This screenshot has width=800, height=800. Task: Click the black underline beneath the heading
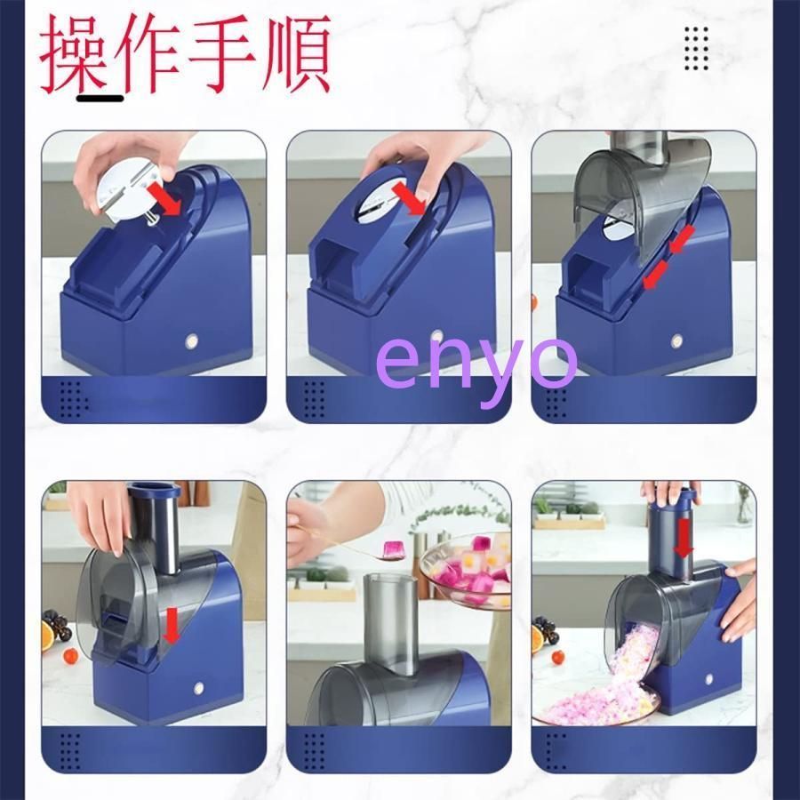point(100,97)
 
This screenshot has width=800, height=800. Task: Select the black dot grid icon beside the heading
point(696,49)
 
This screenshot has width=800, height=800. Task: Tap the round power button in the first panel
point(192,341)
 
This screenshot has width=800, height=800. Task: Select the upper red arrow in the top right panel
point(682,239)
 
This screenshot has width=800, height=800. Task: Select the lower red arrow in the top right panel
point(654,276)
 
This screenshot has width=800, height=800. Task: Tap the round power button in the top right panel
point(677,340)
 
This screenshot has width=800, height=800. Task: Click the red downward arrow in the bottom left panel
point(172,626)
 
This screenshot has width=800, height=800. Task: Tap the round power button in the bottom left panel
point(198,688)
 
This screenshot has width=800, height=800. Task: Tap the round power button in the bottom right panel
point(708,679)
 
